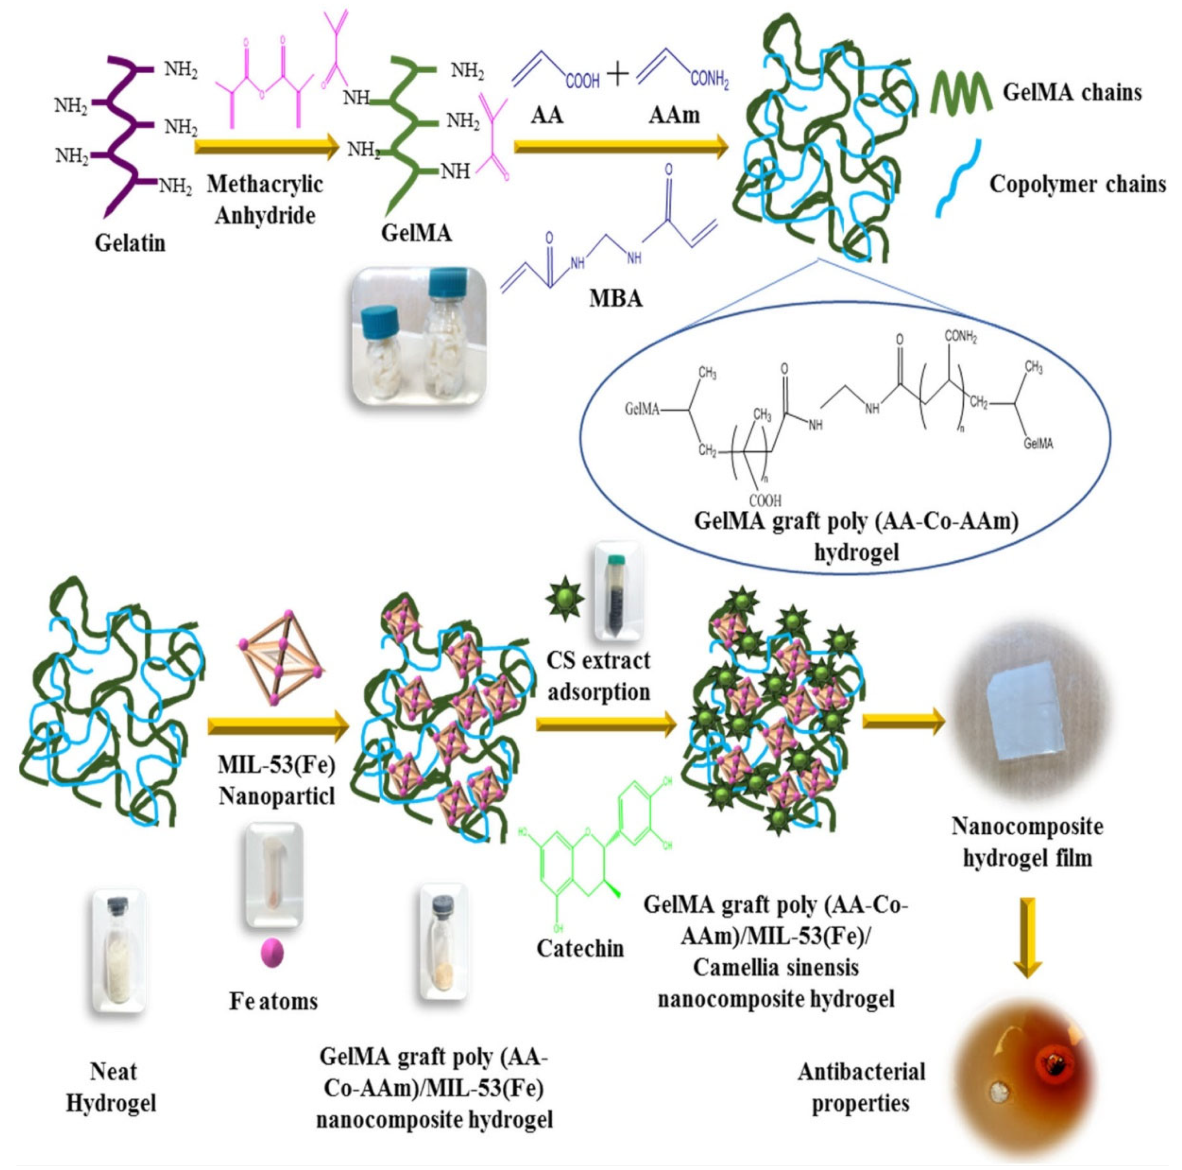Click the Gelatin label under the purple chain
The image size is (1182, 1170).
click(130, 243)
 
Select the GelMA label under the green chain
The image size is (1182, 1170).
click(416, 233)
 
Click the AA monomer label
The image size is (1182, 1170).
click(546, 115)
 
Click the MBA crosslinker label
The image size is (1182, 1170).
click(615, 298)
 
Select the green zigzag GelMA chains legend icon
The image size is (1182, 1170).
click(961, 93)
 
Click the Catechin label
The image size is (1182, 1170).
click(580, 949)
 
